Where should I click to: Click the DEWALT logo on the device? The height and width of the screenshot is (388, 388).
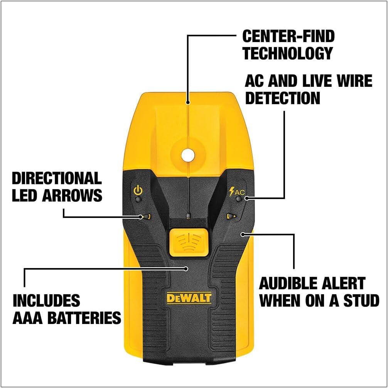point(189,298)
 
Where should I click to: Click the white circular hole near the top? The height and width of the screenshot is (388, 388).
point(187,155)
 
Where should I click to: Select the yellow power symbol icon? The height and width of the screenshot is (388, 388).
point(138,191)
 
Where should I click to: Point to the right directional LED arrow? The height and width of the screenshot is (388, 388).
point(231,216)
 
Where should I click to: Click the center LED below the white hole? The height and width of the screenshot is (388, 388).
point(187,215)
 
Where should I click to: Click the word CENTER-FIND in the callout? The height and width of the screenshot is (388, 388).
point(288,36)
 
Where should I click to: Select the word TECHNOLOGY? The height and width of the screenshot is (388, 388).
point(287,53)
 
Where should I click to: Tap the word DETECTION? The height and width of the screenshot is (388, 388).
point(283,98)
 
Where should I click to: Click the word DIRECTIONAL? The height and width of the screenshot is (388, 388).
point(57,179)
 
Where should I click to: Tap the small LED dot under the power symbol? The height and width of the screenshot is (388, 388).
point(138,200)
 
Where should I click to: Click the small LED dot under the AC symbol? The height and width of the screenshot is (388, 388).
point(239,199)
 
